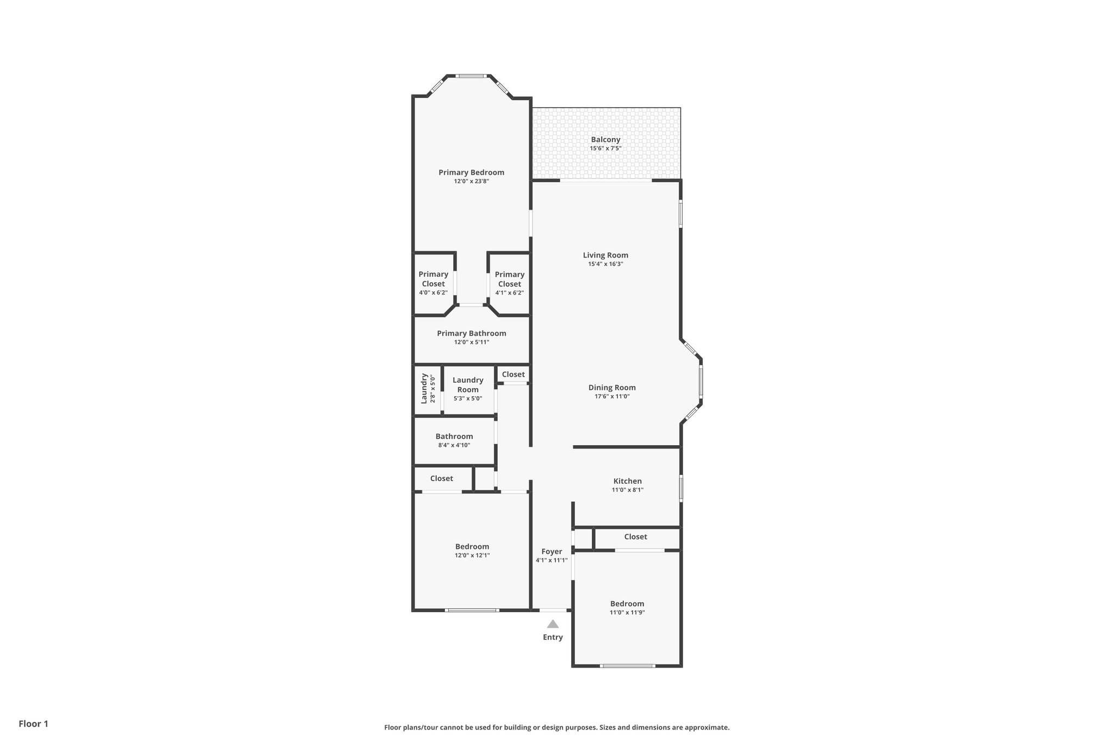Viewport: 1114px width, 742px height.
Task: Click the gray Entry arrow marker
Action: click(553, 624)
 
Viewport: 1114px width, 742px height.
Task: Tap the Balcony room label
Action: click(605, 140)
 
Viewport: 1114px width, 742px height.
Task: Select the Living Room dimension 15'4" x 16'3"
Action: click(605, 264)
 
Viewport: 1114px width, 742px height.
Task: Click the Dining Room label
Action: click(612, 388)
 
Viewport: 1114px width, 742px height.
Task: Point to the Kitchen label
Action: click(627, 481)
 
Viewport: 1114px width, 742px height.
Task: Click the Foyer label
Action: click(552, 552)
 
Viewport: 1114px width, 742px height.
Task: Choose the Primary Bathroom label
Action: click(472, 333)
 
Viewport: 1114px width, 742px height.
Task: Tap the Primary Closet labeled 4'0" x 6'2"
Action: click(434, 283)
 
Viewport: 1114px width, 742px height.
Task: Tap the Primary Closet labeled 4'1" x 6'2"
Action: click(510, 283)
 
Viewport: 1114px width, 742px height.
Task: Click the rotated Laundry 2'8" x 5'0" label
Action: click(428, 389)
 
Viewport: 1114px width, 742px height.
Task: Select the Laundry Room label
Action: click(468, 385)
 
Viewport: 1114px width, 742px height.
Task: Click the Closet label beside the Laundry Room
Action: click(513, 375)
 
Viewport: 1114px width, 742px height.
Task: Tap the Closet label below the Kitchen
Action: click(635, 537)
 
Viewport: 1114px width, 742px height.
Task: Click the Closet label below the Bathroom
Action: click(441, 478)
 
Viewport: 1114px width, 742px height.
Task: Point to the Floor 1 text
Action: click(34, 724)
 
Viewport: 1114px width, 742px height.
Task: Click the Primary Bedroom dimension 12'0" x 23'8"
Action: click(472, 182)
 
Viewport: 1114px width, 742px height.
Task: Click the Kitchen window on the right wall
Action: click(681, 488)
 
